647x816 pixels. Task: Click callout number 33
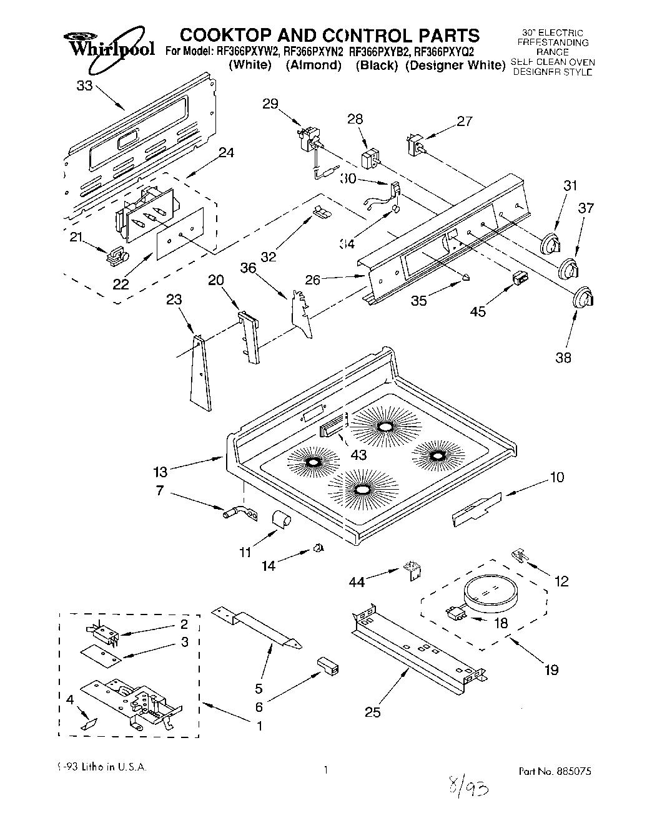pyautogui.click(x=84, y=87)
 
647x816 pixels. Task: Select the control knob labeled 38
pyautogui.click(x=583, y=298)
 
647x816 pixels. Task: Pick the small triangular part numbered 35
pyautogui.click(x=467, y=276)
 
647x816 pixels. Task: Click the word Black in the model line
pyautogui.click(x=377, y=65)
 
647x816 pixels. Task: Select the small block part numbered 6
pyautogui.click(x=328, y=665)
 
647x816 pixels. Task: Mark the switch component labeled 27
pyautogui.click(x=414, y=144)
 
